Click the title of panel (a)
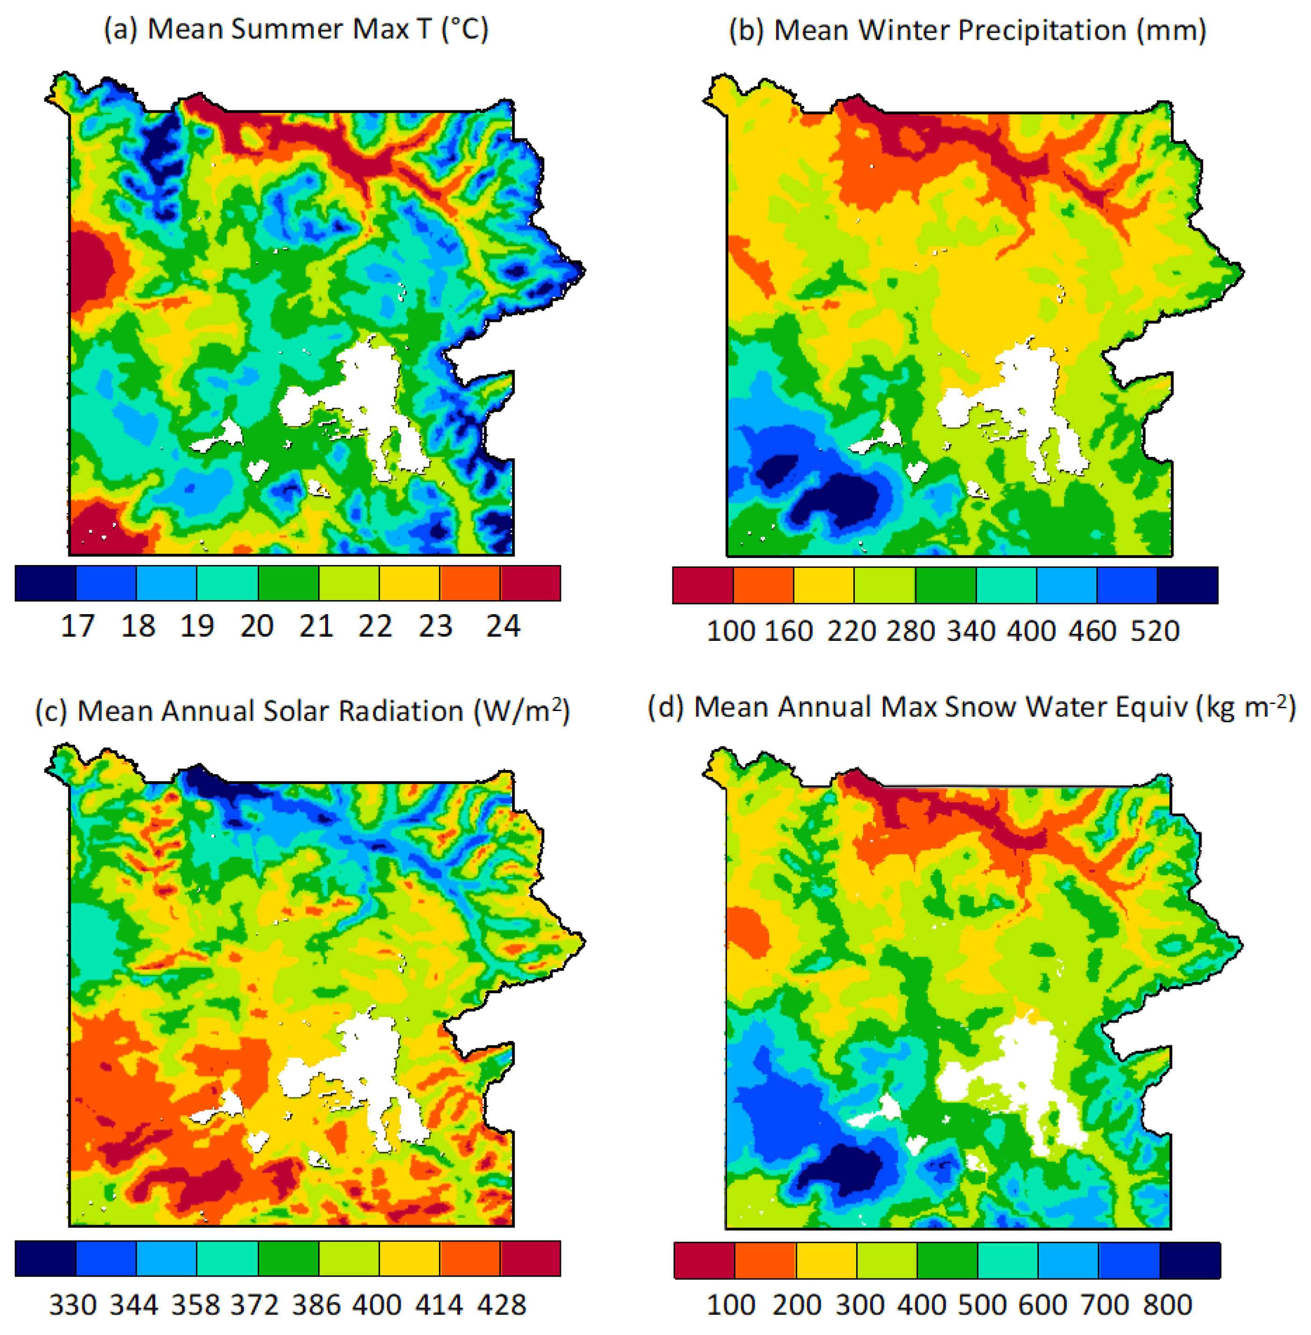coord(296,29)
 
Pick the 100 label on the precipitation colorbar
coord(730,631)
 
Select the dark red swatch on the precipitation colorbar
coord(702,585)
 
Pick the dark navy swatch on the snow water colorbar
coord(1190,1260)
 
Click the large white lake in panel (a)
coord(365,392)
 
